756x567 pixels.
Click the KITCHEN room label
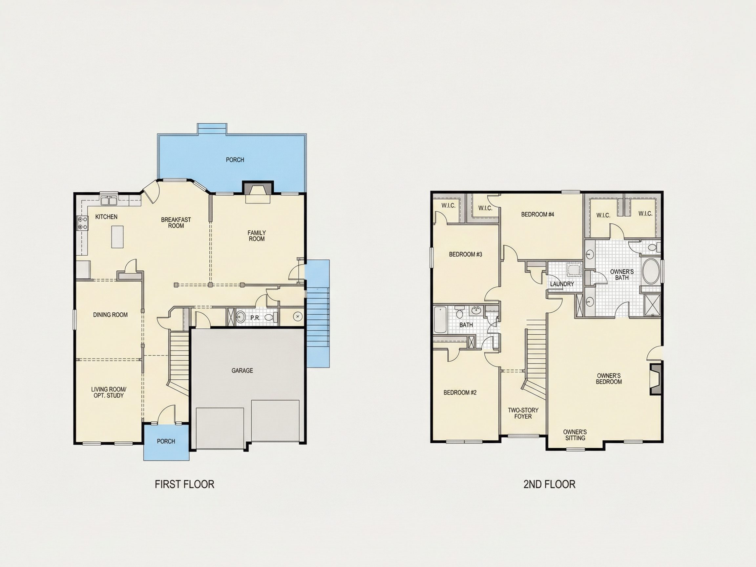106,217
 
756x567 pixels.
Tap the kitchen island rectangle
117,237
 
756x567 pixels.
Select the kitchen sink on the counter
109,200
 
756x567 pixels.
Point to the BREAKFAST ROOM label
176,222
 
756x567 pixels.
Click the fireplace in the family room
258,191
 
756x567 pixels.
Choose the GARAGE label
242,370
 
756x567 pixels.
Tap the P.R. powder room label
255,318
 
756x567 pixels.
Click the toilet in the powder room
270,318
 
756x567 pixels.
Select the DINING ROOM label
110,315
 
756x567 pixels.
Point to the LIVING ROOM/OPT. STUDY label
109,392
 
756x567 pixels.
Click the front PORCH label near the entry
166,441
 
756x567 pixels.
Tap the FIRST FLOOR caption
184,484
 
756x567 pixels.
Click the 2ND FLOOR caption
549,484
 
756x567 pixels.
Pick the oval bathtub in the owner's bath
651,271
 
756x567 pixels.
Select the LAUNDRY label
562,284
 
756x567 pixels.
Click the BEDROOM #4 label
537,214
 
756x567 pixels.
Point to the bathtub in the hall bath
440,320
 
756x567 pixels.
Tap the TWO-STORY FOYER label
523,413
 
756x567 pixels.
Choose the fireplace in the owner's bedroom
656,380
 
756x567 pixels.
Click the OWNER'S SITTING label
575,435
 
